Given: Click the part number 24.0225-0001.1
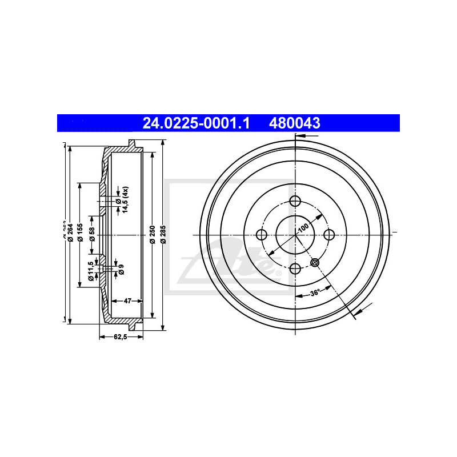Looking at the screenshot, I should [196, 123].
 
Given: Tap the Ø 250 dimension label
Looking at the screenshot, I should [152, 235].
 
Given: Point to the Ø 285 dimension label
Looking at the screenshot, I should [163, 235].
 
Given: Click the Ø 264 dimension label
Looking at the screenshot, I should [70, 234].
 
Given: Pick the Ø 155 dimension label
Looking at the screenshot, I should [81, 235].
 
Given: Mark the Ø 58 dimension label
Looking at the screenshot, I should [91, 235].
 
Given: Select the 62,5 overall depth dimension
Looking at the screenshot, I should [119, 337].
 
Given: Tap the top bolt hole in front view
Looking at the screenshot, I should [295, 201].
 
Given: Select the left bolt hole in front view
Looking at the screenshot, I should [262, 235].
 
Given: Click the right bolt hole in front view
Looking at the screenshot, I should [329, 234].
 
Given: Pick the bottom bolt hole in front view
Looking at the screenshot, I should [295, 268].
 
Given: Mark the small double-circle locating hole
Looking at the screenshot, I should [315, 262].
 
